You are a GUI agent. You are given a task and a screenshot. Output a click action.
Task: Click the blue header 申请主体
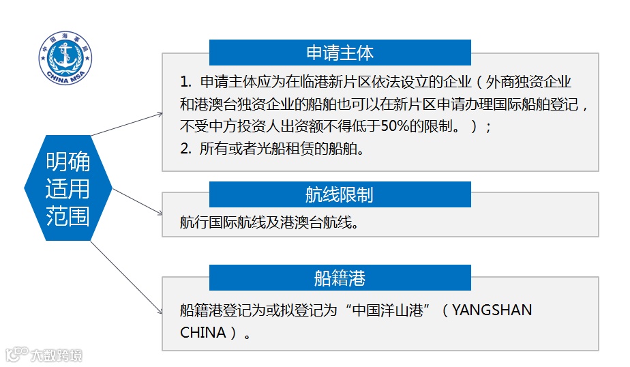[340, 53]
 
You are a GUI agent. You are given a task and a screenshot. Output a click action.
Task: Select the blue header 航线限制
[340, 195]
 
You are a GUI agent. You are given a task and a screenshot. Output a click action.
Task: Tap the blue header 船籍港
[340, 278]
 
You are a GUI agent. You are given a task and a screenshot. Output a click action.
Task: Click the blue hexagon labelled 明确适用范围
[67, 190]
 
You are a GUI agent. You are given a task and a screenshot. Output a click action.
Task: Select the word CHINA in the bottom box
[202, 334]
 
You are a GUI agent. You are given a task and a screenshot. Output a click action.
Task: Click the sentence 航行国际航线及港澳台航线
[269, 222]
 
